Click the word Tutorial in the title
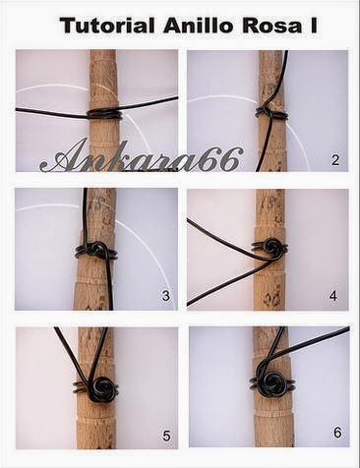pyautogui.click(x=107, y=26)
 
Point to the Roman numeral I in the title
pyautogui.click(x=314, y=26)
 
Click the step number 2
pyautogui.click(x=335, y=160)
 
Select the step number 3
pyautogui.click(x=166, y=296)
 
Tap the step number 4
pyautogui.click(x=333, y=296)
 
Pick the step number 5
pyautogui.click(x=166, y=436)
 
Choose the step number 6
pyautogui.click(x=337, y=433)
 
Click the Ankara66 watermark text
pyautogui.click(x=141, y=159)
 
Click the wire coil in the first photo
pyautogui.click(x=104, y=114)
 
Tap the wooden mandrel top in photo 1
pyautogui.click(x=103, y=79)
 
